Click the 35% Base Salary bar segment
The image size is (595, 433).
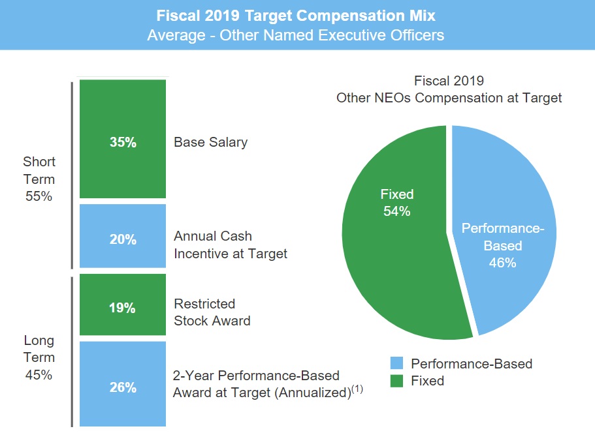coord(123,139)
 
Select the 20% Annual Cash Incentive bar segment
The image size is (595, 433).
coord(123,236)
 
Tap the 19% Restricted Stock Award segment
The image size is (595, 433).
coord(123,305)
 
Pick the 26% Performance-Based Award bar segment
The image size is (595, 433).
coord(123,383)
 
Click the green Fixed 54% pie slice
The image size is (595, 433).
coord(392,261)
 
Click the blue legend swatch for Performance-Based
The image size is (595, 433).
coord(396,363)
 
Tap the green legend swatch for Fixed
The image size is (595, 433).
coord(396,380)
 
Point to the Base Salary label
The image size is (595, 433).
coord(210,142)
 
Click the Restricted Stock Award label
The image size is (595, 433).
coord(212,312)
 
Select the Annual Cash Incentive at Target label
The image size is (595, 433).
coord(230,245)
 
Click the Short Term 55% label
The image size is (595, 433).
coord(39,179)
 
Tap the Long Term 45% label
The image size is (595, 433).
coord(39,357)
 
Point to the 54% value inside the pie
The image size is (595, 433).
coord(397,211)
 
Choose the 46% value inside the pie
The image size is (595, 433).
coord(502,263)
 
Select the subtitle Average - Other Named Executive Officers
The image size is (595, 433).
coord(296,35)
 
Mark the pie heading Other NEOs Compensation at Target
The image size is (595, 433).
coord(449,98)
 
